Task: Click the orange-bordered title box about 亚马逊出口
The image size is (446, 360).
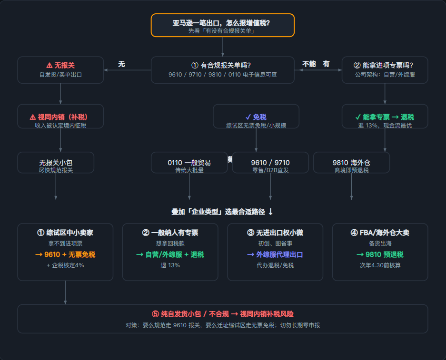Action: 222,25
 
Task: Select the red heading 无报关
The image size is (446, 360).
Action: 60,65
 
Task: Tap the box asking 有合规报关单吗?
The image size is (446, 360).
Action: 222,70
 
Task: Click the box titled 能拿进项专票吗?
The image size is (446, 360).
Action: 385,70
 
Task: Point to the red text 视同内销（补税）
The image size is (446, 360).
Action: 59,117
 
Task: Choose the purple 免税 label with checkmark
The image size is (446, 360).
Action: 256,117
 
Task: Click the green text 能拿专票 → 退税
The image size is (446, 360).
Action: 385,117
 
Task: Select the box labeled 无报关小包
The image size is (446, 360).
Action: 56,163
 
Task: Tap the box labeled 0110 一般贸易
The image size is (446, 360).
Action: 189,163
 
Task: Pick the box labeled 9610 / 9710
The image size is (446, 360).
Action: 270,163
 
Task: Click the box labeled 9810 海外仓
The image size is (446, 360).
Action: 351,163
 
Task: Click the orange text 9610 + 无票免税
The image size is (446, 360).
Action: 65,254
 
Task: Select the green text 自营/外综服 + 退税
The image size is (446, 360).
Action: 170,254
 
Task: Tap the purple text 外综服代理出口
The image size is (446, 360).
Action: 275,254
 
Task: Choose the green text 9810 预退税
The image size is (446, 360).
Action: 380,254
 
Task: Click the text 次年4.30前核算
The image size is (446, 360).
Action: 380,265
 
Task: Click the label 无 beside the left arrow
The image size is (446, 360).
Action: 121,64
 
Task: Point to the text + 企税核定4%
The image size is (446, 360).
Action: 65,265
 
